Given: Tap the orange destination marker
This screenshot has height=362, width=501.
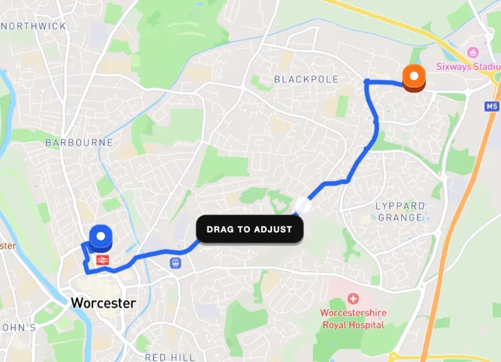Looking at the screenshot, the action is tap(414, 78).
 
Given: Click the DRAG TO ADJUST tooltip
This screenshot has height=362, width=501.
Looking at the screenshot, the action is tap(249, 229).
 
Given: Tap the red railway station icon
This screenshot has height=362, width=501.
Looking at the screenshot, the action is tap(102, 260).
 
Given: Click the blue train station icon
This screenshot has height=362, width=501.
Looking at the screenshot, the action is tap(175, 262).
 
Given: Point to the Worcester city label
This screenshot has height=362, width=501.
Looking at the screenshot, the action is tap(103, 304).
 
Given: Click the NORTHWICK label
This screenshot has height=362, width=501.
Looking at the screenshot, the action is tap(35, 26).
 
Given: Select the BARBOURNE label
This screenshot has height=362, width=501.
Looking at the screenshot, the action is tap(79, 143).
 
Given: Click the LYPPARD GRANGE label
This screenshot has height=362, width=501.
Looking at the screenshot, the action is tap(400, 212).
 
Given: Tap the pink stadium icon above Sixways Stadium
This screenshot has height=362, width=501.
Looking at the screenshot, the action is tap(473, 52).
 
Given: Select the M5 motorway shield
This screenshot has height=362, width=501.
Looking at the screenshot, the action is tap(492, 107).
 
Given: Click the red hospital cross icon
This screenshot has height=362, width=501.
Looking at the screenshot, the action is tap(353, 299).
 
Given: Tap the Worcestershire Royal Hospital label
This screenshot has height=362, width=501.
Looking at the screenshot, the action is tap(352, 319).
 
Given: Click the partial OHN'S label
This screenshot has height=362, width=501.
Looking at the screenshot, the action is tap(17, 327).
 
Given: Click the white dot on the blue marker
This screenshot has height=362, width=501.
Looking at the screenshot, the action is tap(102, 236).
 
